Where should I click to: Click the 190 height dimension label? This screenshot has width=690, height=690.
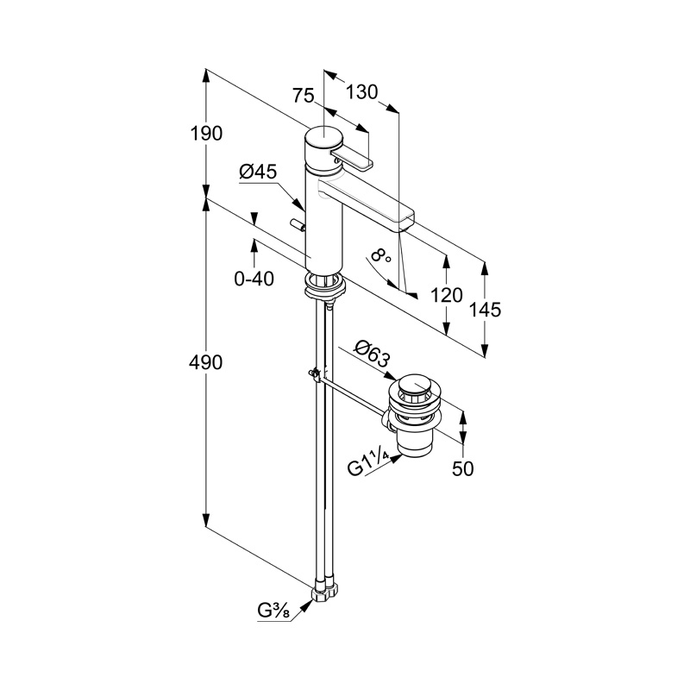[x=207, y=134]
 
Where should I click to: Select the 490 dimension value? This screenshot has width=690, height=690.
[x=207, y=362]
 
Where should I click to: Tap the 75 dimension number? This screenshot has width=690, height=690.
[x=303, y=97]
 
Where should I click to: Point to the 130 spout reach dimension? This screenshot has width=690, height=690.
[x=362, y=91]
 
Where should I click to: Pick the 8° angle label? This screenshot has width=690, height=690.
[x=379, y=256]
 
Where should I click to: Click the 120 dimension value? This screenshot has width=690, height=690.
[x=446, y=296]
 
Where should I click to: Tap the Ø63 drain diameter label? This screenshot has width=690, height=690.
[x=373, y=354]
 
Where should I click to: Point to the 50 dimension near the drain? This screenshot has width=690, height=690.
[x=463, y=468]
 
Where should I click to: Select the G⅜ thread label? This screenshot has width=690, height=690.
[x=273, y=612]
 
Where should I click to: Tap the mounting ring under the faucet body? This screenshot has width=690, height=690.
[x=325, y=282]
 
